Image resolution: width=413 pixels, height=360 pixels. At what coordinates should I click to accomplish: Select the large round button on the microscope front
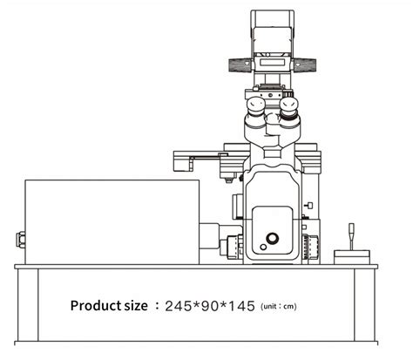(273, 238)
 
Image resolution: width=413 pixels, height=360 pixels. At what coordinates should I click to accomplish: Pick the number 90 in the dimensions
(212, 306)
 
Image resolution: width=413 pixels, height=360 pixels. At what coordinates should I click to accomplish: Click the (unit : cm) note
(280, 307)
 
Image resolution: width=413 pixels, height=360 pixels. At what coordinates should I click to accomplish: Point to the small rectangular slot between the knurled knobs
(273, 64)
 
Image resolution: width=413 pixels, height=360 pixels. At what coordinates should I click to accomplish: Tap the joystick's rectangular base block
(353, 254)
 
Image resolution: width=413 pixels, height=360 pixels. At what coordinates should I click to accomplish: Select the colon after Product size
(157, 306)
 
